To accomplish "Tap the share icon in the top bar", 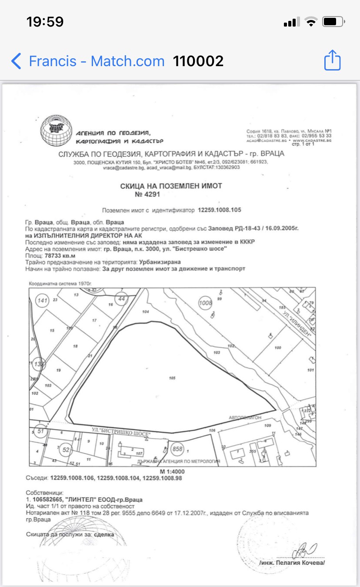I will point(332,60).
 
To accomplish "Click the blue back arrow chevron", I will point(16,61).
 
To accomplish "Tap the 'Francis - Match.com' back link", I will point(97,61).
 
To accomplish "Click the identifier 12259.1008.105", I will point(220,210).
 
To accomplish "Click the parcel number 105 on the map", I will point(172,378).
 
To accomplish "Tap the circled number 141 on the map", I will point(43,301).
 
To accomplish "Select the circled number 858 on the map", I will point(177,449).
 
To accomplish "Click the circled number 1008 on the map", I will point(205,303).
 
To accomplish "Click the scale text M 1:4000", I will point(173,472).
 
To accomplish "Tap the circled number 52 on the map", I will point(66,450).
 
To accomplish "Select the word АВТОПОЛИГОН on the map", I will point(245,417).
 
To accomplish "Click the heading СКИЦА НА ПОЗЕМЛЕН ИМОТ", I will point(171,186).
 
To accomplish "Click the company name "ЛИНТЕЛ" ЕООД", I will point(97,500).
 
